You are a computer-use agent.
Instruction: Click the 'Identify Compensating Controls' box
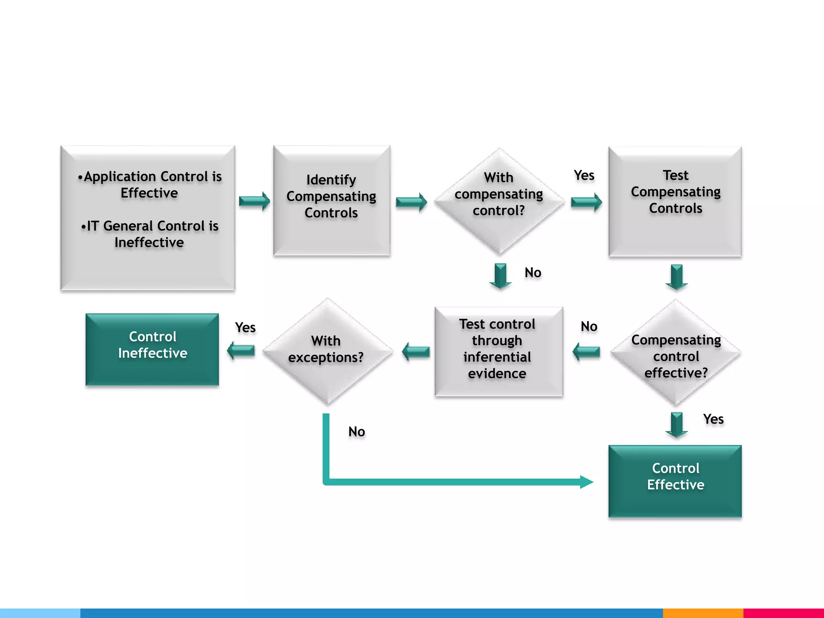tap(332, 200)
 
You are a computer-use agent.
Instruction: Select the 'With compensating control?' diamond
tap(499, 200)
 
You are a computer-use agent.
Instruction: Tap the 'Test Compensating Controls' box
tap(675, 201)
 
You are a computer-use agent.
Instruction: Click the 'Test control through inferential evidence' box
tap(498, 350)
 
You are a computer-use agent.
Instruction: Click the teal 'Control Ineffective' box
tap(152, 349)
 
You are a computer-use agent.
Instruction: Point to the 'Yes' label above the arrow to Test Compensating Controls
tap(584, 175)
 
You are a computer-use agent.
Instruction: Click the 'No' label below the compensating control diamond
tap(533, 273)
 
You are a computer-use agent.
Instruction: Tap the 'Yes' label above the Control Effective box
tap(713, 419)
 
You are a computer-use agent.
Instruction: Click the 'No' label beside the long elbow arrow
tap(356, 432)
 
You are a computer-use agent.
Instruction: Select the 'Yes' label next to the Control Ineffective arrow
tap(245, 328)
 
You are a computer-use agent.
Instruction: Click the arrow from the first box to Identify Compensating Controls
tap(254, 201)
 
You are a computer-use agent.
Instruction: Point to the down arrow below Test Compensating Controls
tap(676, 277)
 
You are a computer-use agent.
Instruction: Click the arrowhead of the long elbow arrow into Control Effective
tap(587, 482)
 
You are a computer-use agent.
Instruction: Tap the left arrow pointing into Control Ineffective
tap(241, 351)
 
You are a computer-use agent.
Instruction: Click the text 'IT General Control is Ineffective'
tap(149, 234)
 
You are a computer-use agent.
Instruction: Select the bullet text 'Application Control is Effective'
tap(149, 185)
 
